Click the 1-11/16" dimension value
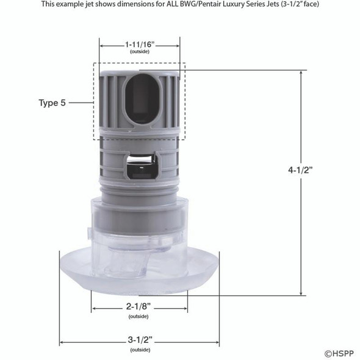(139, 45)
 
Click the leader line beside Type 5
(81, 103)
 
